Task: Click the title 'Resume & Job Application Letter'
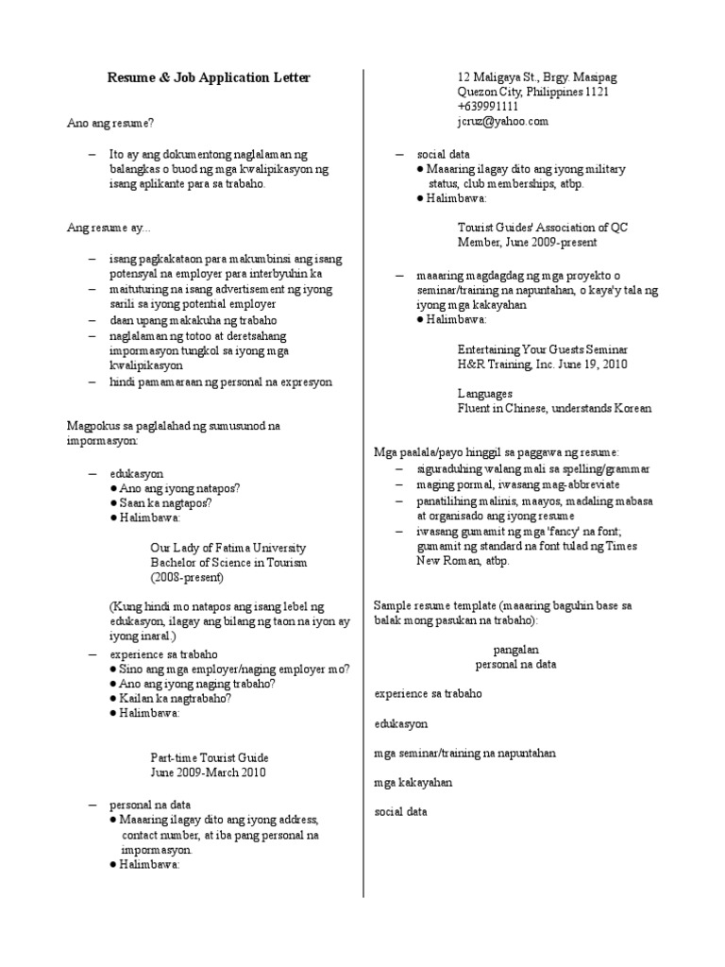(x=208, y=76)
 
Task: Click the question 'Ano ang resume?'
(x=110, y=123)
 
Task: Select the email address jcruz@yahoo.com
(x=503, y=122)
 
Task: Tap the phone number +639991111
(x=489, y=107)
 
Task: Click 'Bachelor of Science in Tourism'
(x=229, y=563)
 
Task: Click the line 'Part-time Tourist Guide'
(x=210, y=757)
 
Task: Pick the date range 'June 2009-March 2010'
(x=208, y=772)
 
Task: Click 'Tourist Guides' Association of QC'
(x=542, y=229)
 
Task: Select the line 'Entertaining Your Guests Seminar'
(x=542, y=349)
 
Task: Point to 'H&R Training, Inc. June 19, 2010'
(x=542, y=365)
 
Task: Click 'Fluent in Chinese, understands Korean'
(x=554, y=409)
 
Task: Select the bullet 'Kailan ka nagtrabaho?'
(x=176, y=699)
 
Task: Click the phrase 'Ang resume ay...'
(x=108, y=229)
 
